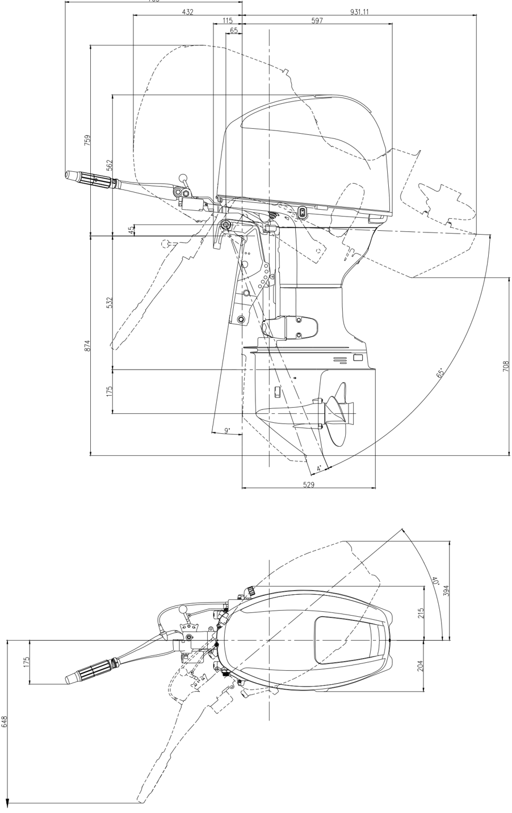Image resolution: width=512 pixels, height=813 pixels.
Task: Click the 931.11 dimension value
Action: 359,12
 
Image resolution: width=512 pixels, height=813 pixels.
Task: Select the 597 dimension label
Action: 317,20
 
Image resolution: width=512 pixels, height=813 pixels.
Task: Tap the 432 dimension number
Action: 187,12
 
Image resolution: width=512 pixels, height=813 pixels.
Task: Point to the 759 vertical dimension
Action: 87,140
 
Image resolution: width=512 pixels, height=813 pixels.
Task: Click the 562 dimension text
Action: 110,164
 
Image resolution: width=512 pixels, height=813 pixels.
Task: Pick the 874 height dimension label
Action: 87,345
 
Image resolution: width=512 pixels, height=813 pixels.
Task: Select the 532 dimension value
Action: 110,302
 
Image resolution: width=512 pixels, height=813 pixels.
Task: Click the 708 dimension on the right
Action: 505,366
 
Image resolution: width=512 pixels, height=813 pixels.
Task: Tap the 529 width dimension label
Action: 308,485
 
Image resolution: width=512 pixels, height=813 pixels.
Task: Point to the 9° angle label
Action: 227,431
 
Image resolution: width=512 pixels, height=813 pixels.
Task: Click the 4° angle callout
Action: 319,468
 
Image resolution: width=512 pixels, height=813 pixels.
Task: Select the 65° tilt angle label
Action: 440,372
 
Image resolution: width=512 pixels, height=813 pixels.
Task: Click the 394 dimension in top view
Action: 446,590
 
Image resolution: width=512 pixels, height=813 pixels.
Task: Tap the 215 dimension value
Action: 421,613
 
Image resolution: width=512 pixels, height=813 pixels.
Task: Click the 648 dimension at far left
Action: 5,721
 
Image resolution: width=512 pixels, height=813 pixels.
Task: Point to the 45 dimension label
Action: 131,230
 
